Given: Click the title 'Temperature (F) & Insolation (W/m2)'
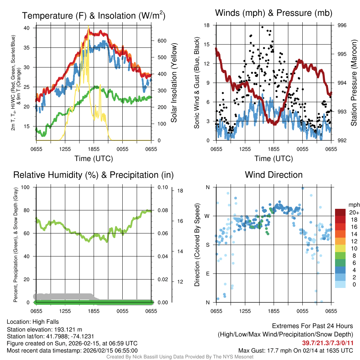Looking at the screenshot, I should pos(94,16).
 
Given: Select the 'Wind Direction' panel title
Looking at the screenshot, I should pos(274,175).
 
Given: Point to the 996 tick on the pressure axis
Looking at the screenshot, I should pos(342,25).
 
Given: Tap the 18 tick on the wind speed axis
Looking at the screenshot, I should pos(207,25).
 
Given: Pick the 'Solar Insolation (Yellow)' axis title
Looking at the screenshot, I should pos(174,83).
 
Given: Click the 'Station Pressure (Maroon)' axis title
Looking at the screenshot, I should pos(354,83).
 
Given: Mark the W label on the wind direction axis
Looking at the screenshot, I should pos(207,216).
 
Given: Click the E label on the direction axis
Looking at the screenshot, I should pos(207,274).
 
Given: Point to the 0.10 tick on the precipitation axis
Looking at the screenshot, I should pos(162,187).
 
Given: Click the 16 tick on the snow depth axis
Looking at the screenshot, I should pos(180,221).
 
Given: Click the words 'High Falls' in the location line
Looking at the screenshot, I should pos(45,322).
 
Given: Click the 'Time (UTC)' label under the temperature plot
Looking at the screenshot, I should pos(94,159).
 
